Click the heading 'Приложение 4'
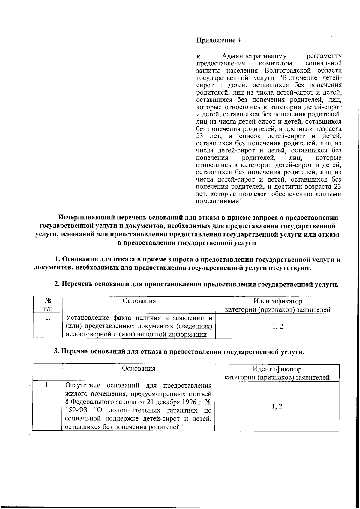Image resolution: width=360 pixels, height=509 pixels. pyautogui.click(x=218, y=40)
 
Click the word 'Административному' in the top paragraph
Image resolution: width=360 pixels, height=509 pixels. pyautogui.click(x=254, y=56)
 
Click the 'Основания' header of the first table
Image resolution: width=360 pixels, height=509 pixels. pyautogui.click(x=139, y=301)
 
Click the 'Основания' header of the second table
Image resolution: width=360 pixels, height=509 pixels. pyautogui.click(x=139, y=369)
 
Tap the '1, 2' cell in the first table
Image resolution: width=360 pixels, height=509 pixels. pyautogui.click(x=278, y=327)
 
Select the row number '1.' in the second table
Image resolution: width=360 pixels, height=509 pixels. pyautogui.click(x=47, y=385)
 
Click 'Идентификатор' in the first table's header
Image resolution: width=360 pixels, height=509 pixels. pyautogui.click(x=277, y=301)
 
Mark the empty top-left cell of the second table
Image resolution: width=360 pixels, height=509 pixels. pyautogui.click(x=47, y=372)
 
